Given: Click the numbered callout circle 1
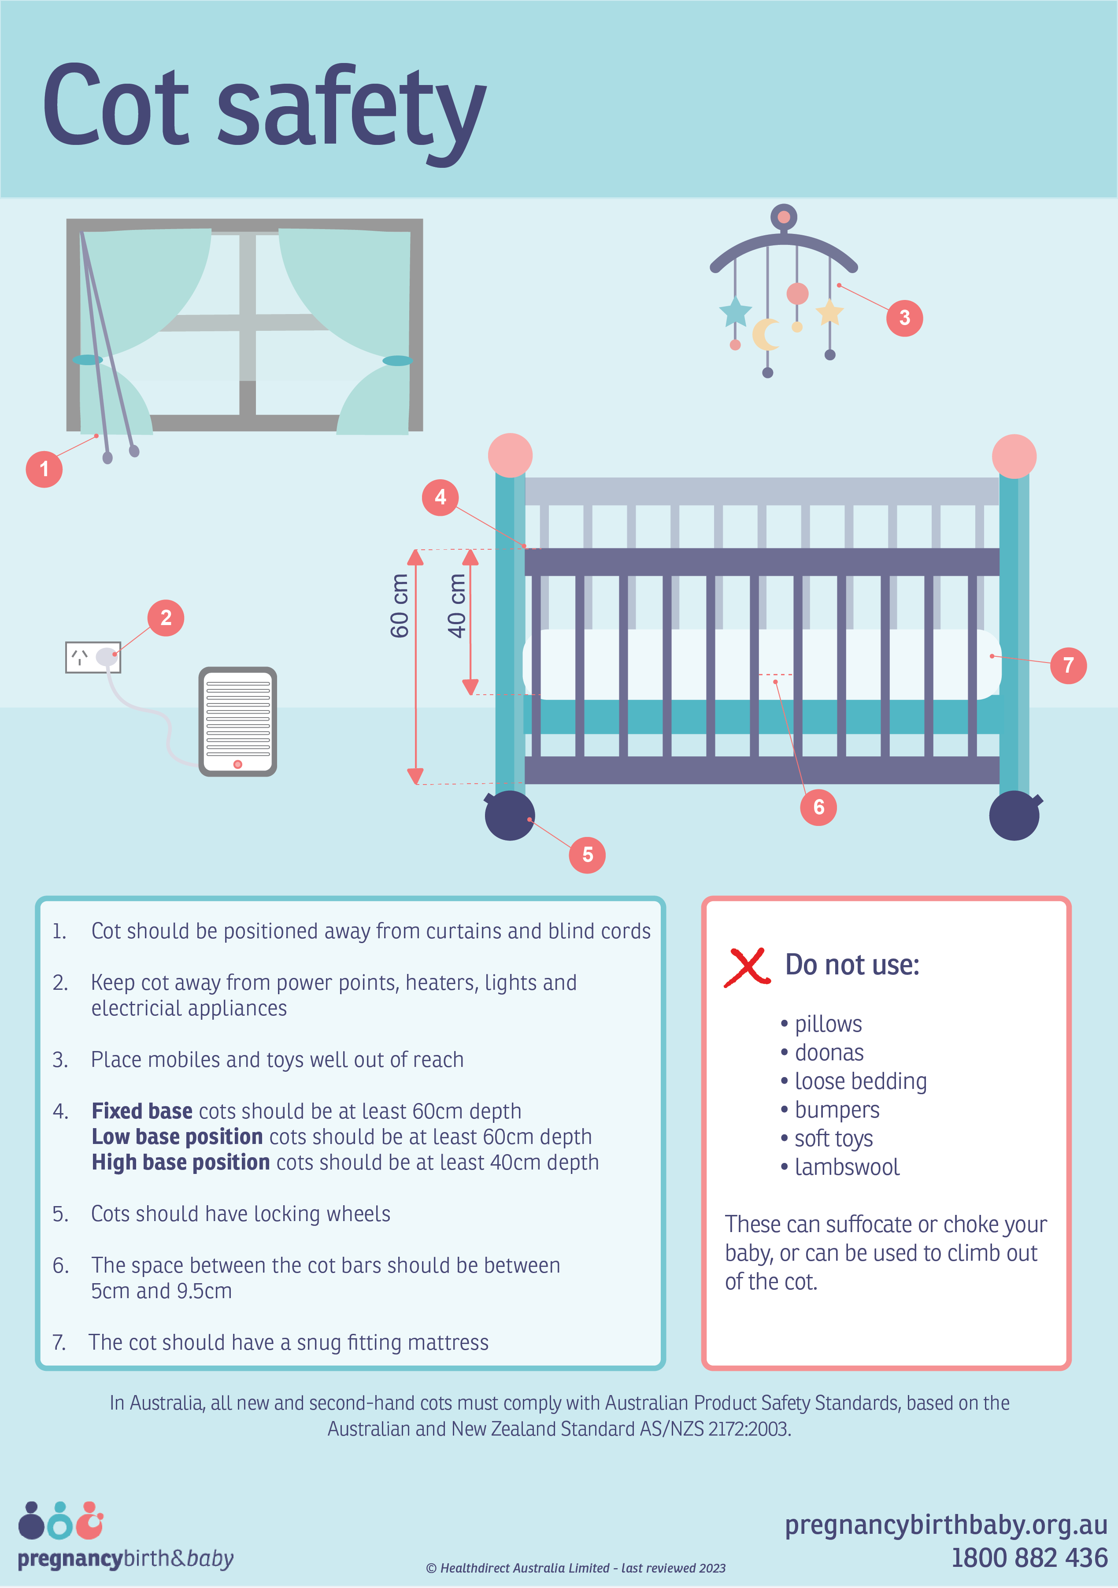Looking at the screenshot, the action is [x=44, y=469].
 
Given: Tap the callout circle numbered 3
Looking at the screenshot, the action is [x=904, y=318].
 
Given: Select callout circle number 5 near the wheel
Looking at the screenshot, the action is [x=587, y=855].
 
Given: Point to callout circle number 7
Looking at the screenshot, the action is [x=1068, y=665].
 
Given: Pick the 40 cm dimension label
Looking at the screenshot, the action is [x=457, y=606].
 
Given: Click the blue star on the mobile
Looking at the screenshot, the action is [x=735, y=311].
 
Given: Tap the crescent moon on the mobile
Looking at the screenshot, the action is [x=764, y=334].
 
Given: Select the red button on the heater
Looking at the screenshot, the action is [x=238, y=764].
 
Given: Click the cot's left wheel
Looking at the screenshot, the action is [x=510, y=815].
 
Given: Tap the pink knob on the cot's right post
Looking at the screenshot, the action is [x=1014, y=456].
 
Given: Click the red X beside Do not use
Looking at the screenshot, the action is [x=747, y=966].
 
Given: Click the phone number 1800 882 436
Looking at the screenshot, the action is [x=1029, y=1558].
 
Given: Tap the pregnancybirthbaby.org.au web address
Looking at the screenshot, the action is [x=946, y=1525].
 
